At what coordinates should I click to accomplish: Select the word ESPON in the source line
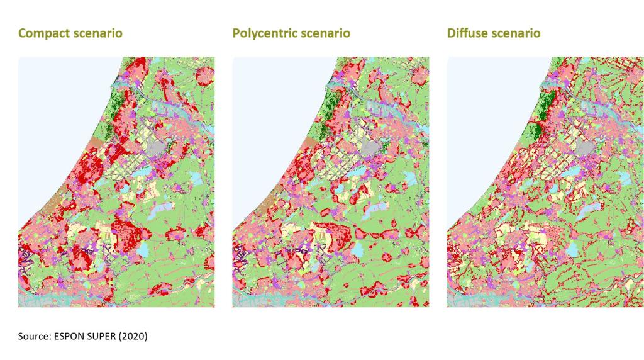click(x=72, y=337)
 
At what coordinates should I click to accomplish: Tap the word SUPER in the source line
click(x=105, y=337)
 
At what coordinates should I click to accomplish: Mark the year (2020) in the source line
click(x=135, y=337)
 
